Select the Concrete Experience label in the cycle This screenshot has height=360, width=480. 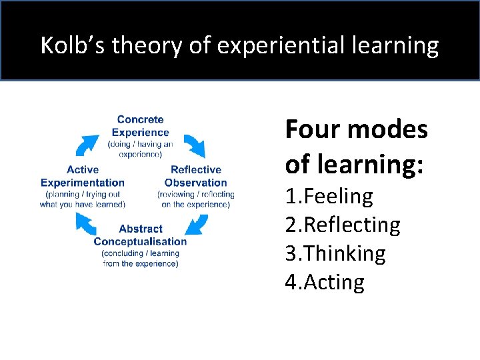(140, 126)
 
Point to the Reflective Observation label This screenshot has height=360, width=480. (195, 176)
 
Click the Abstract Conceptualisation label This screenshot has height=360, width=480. (140, 235)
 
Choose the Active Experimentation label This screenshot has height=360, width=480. (83, 176)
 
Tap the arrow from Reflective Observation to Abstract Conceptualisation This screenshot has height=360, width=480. (194, 225)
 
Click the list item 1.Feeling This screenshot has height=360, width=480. (329, 196)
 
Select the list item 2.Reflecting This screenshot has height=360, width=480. (343, 225)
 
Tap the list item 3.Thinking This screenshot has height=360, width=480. (335, 253)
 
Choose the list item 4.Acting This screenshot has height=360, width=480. (325, 282)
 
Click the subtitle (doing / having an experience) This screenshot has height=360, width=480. (140, 149)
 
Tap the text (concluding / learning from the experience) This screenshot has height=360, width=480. (140, 258)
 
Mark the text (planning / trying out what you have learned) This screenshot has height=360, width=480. (83, 199)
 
